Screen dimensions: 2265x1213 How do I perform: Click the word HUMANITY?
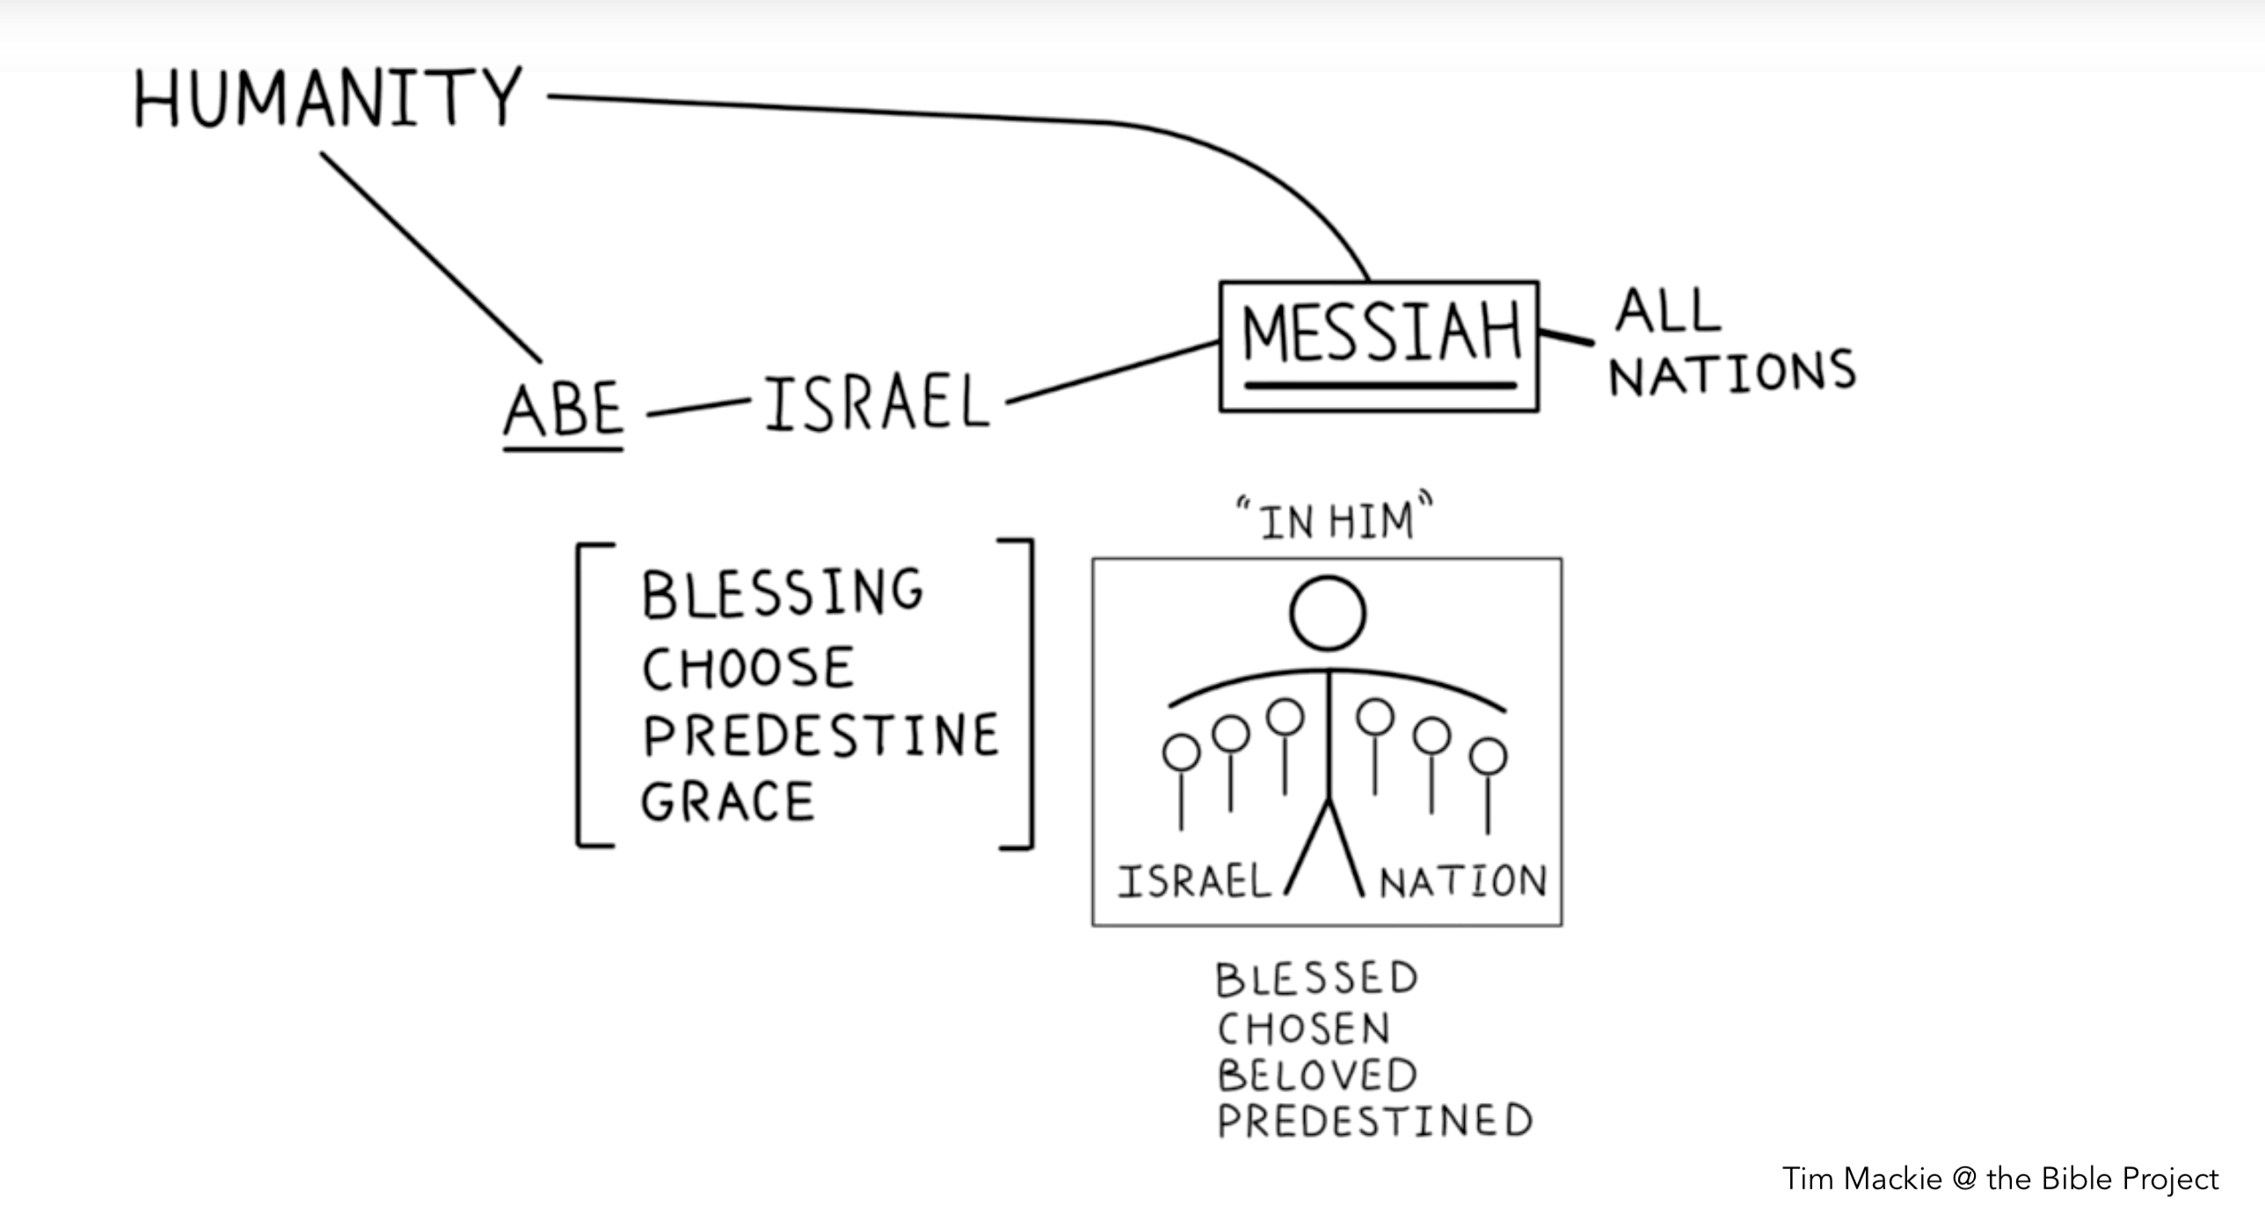coord(327,98)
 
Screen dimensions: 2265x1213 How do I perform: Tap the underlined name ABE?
coord(564,410)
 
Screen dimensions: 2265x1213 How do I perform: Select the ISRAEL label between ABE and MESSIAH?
coord(877,403)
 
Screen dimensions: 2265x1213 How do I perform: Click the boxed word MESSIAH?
coord(1380,335)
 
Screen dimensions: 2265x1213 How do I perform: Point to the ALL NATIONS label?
coord(1730,343)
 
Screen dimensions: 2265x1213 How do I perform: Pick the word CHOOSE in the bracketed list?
coord(748,668)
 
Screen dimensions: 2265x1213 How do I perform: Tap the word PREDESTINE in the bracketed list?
coord(821,736)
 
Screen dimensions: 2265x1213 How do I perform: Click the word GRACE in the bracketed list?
coord(728,803)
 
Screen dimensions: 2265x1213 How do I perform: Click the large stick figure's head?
coord(1328,614)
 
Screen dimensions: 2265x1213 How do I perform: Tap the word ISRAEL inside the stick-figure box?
coord(1194,882)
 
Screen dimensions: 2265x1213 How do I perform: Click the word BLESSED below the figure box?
coord(1316,979)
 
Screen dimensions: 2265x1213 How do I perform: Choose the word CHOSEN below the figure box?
coord(1303,1028)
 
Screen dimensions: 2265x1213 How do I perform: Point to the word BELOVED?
coord(1317,1075)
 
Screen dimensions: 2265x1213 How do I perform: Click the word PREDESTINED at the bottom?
coord(1374,1122)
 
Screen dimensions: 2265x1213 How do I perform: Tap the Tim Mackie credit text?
coord(1999,1179)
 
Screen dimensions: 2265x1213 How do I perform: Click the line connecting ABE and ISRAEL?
coord(698,408)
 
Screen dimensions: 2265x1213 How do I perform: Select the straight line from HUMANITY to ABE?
coord(431,257)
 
